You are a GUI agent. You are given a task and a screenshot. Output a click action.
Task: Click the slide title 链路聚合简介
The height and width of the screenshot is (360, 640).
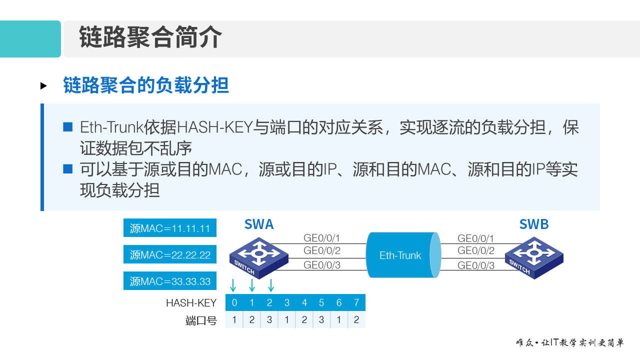[x=150, y=38]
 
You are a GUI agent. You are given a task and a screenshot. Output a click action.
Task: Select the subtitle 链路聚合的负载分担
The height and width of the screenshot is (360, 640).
[x=146, y=85]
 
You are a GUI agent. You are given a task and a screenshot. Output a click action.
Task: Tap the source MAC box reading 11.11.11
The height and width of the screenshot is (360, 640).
[x=170, y=228]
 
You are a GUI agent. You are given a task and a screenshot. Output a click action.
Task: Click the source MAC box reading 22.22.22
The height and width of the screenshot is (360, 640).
[x=170, y=254]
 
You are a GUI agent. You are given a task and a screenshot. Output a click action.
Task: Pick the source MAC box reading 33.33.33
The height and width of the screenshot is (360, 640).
[x=170, y=281]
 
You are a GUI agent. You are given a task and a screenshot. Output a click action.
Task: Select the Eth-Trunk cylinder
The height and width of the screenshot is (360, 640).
[x=403, y=255]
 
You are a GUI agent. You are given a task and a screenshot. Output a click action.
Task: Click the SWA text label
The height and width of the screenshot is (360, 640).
[x=259, y=224]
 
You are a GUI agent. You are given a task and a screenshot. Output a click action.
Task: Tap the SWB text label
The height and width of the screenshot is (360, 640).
[x=534, y=224]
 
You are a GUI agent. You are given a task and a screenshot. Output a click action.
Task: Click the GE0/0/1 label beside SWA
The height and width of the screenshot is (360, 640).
[x=322, y=238]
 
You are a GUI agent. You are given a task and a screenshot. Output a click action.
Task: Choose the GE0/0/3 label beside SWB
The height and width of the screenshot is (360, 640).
[x=476, y=265]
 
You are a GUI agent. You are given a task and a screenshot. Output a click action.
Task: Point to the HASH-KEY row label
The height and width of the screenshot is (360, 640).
[x=191, y=303]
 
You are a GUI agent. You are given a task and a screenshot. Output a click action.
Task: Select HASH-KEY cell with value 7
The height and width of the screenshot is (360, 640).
[x=356, y=303]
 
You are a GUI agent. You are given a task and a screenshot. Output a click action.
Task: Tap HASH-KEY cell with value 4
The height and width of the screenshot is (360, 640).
[x=304, y=303]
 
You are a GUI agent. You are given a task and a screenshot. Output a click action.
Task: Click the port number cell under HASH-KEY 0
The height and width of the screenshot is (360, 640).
[x=234, y=320]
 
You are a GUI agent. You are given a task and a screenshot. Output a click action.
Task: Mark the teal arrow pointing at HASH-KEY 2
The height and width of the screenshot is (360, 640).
[x=270, y=285]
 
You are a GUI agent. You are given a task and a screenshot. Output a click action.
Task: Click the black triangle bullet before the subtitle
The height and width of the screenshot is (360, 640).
[x=43, y=86]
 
